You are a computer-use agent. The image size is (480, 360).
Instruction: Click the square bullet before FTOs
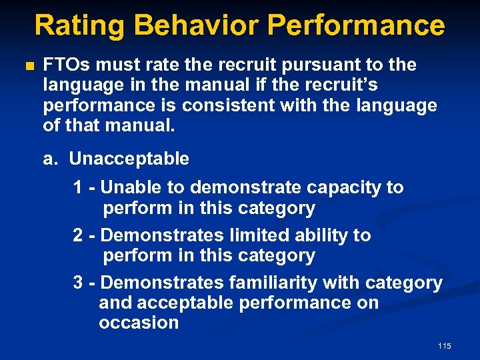tap(27, 66)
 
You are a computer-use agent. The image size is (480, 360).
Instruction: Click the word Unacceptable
tap(129, 159)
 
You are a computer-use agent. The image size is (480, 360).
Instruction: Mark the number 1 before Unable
tap(78, 188)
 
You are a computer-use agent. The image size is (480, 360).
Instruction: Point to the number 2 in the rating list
tap(78, 236)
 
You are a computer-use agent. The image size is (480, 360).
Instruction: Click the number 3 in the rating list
tap(78, 283)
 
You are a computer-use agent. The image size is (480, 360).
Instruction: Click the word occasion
tap(139, 323)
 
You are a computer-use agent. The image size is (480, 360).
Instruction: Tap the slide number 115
tap(445, 346)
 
